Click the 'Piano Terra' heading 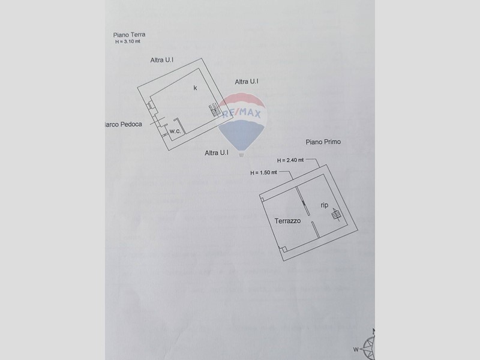(x=129, y=35)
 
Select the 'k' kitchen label (x=195, y=88)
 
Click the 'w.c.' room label (x=175, y=131)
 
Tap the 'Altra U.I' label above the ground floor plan (x=162, y=60)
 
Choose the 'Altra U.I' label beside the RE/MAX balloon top (x=247, y=82)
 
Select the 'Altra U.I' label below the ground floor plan (x=216, y=153)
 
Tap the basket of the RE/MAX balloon (x=241, y=154)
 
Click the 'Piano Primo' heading (x=323, y=142)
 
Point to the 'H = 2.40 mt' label (x=290, y=160)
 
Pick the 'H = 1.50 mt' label (x=263, y=173)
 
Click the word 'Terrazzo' (x=288, y=221)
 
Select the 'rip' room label (x=324, y=205)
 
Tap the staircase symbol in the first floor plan (x=335, y=214)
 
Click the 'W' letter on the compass (x=355, y=348)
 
